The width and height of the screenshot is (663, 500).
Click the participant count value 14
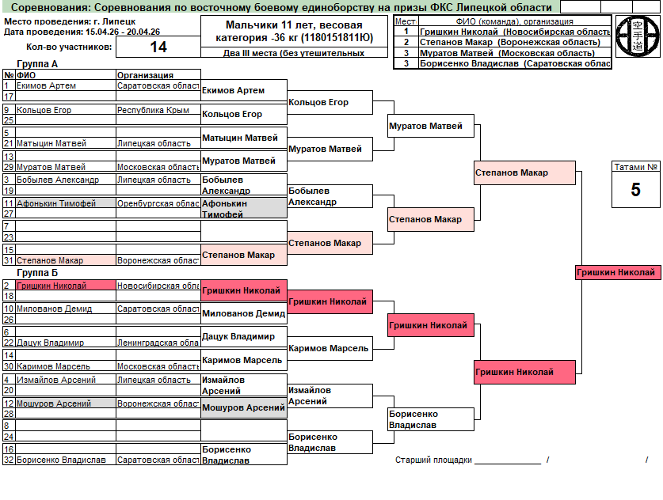[x=158, y=47]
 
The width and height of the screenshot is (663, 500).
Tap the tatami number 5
[x=635, y=190]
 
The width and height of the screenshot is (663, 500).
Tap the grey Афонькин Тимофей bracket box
[x=243, y=208]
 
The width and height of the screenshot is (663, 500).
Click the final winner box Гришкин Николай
[x=617, y=272]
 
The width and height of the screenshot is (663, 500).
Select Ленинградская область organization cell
[x=157, y=343]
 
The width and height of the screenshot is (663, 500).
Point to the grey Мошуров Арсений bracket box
[x=243, y=408]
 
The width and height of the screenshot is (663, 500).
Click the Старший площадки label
[x=433, y=460]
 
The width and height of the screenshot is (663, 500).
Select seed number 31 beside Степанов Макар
[x=8, y=260]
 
